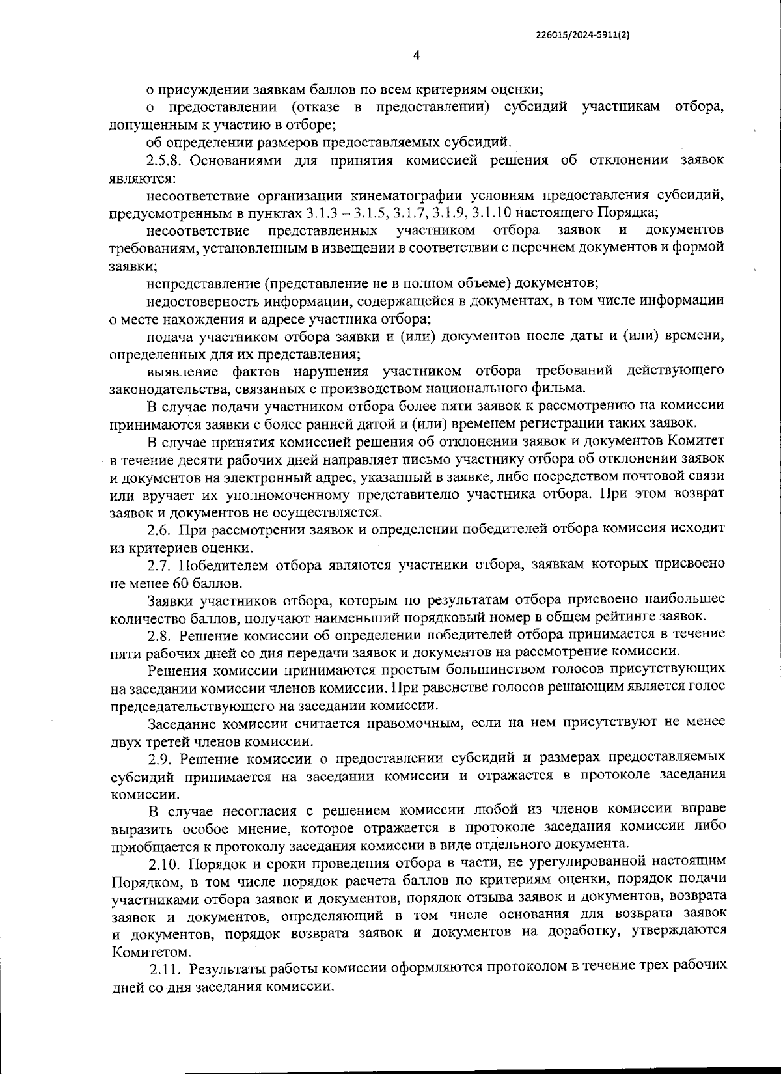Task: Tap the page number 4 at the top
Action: tap(417, 55)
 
